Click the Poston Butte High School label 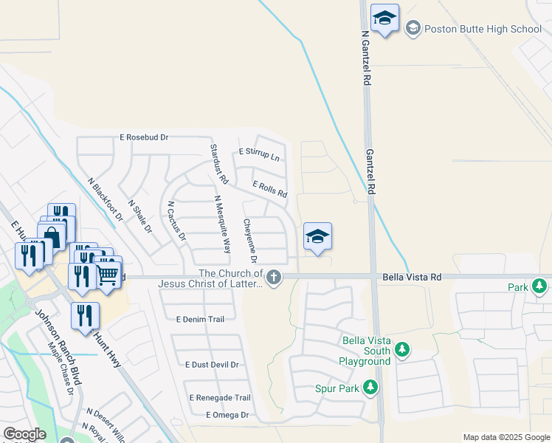coord(484,29)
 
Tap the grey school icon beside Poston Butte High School coord(413,28)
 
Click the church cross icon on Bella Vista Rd coord(274,278)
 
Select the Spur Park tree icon coord(370,387)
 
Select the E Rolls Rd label coord(269,190)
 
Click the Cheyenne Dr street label coord(250,240)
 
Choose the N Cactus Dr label coord(176,221)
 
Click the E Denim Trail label coord(200,319)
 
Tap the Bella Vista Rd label coord(412,277)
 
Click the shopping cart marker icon coord(108,275)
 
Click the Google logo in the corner coord(24,434)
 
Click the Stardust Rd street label coord(219,165)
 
